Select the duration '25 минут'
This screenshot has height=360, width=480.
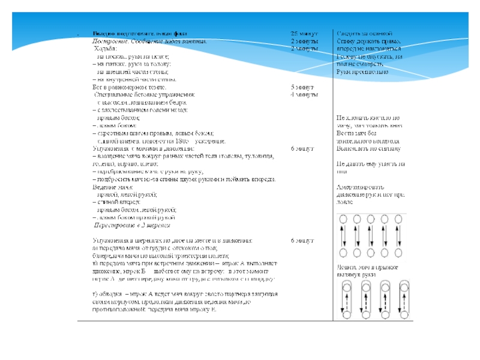[304, 34]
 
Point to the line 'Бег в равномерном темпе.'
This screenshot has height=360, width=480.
[125, 87]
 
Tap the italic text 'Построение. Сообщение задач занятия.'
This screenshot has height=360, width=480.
[149, 41]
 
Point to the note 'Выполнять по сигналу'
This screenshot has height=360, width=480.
[368, 148]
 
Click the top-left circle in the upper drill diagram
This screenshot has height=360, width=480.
[344, 220]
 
